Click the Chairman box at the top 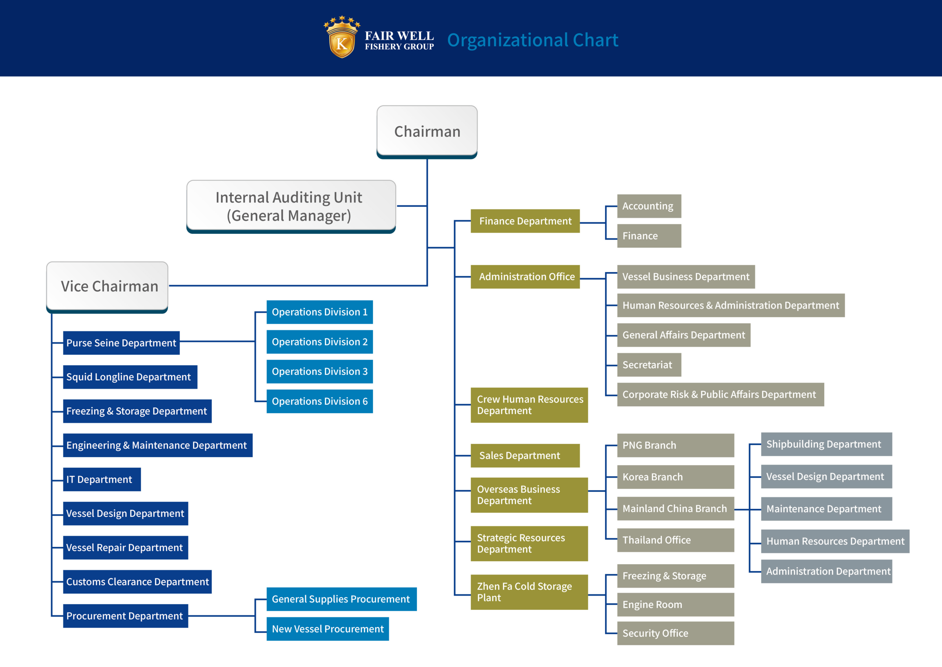pyautogui.click(x=427, y=131)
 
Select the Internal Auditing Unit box pyautogui.click(x=291, y=206)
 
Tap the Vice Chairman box pyautogui.click(x=107, y=286)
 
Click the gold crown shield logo pyautogui.click(x=342, y=38)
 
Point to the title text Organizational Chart pyautogui.click(x=532, y=40)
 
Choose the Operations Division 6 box pyautogui.click(x=320, y=401)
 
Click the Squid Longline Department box pyautogui.click(x=130, y=377)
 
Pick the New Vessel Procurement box pyautogui.click(x=327, y=629)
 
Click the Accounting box pyautogui.click(x=649, y=206)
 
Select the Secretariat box pyautogui.click(x=649, y=365)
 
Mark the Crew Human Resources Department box pyautogui.click(x=529, y=405)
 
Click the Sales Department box pyautogui.click(x=525, y=456)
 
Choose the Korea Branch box pyautogui.click(x=675, y=477)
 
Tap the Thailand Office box pyautogui.click(x=675, y=540)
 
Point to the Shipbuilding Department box pyautogui.click(x=826, y=444)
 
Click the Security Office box pyautogui.click(x=675, y=633)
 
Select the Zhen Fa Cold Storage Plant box pyautogui.click(x=529, y=592)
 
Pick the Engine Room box pyautogui.click(x=675, y=604)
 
